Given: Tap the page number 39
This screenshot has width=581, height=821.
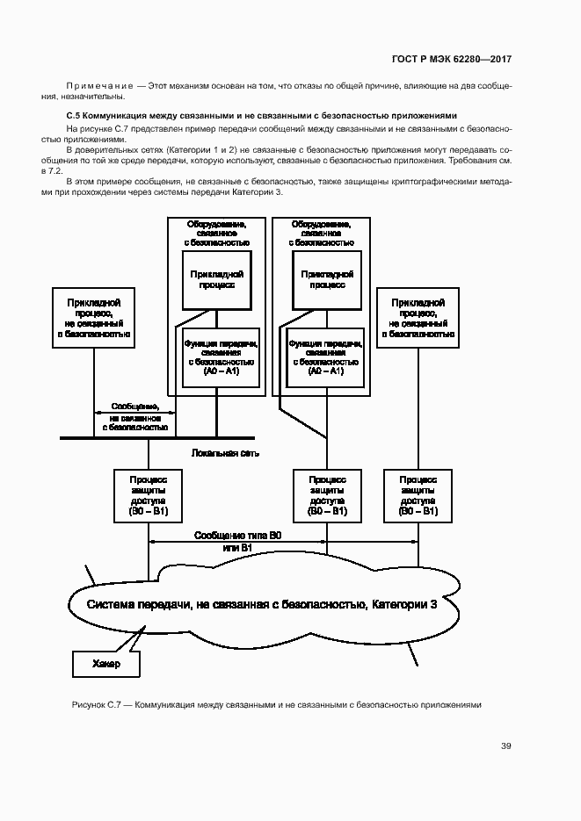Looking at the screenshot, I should (506, 746).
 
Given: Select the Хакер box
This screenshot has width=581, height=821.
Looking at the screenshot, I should (105, 666).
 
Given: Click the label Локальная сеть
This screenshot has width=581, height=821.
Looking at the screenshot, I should (225, 452).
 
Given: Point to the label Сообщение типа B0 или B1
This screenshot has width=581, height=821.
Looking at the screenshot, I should (237, 541).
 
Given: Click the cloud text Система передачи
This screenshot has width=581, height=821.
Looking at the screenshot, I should (261, 605).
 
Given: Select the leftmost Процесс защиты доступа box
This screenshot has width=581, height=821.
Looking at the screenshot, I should (149, 495).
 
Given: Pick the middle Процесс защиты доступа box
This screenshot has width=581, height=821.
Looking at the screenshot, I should (327, 495).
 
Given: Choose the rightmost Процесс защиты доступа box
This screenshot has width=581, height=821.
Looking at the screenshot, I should (418, 495).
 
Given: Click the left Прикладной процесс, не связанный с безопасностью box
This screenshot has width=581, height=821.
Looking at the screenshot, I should (94, 318).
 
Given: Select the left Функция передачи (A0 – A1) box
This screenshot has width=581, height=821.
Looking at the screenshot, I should (221, 356).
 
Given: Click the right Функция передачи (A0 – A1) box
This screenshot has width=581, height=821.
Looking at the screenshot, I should (326, 356).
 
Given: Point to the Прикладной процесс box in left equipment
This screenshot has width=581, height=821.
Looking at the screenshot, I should (216, 279).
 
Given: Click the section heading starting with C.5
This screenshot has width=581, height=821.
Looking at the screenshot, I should (263, 115).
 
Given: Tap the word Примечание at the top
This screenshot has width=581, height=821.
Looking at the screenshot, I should (98, 85).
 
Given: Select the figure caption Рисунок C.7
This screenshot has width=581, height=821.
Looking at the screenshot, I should (275, 705).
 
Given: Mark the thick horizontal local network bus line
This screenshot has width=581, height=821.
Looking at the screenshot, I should (158, 437).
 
